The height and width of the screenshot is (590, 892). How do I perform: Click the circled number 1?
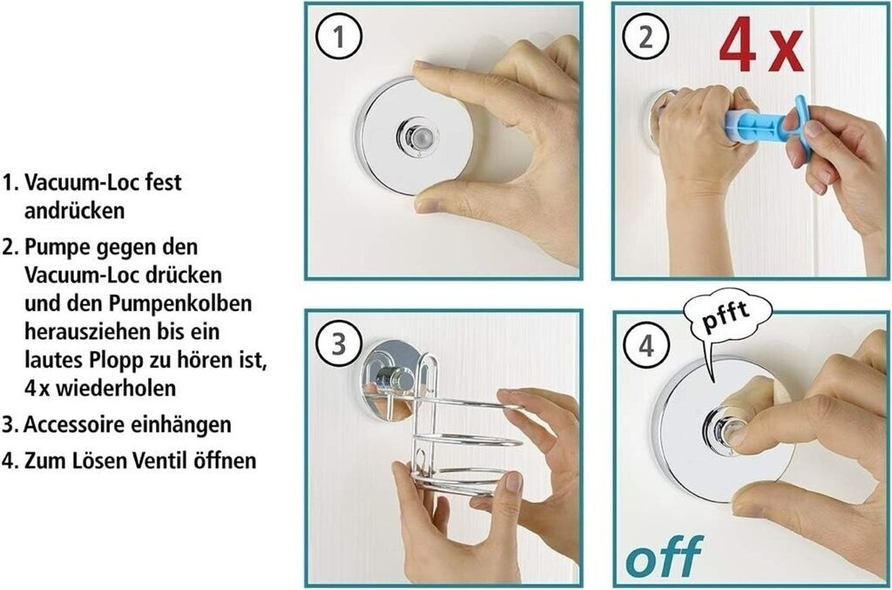339,37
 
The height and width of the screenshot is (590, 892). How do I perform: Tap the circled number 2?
645,37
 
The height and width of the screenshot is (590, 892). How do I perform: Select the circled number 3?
339,345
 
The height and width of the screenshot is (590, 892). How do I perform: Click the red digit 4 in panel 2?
738,44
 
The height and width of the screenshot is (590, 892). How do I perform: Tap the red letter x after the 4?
785,52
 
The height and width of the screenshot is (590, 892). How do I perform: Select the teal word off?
664,555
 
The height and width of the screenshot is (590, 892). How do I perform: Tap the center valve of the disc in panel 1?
418,138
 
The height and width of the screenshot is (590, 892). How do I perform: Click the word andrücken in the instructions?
74,211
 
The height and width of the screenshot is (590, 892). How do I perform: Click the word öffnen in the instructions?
226,460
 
